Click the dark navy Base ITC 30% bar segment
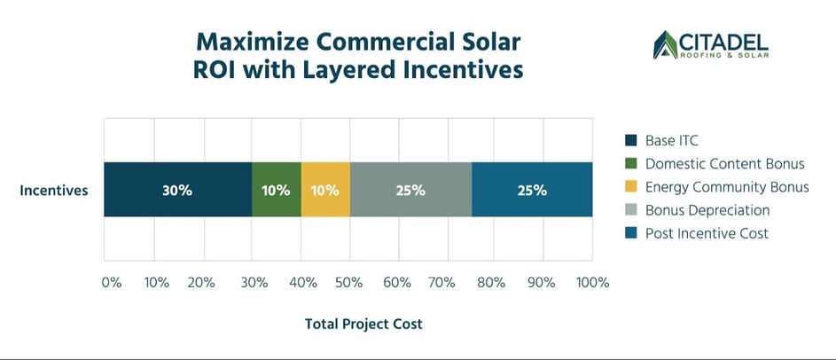pyautogui.click(x=177, y=190)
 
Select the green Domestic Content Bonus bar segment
pyautogui.click(x=277, y=190)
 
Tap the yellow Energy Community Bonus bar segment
pyautogui.click(x=325, y=190)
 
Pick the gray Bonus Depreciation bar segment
pyautogui.click(x=410, y=190)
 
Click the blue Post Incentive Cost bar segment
pyautogui.click(x=532, y=190)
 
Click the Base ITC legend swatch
pyautogui.click(x=630, y=140)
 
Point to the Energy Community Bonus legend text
pyautogui.click(x=727, y=187)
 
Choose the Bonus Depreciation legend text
pyautogui.click(x=707, y=210)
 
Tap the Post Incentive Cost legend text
pyautogui.click(x=707, y=233)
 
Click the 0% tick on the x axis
pyautogui.click(x=111, y=283)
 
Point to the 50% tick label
pyautogui.click(x=348, y=283)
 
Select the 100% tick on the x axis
pyautogui.click(x=592, y=283)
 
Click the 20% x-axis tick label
pyautogui.click(x=201, y=283)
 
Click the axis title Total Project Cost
pyautogui.click(x=363, y=325)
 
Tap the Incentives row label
pyautogui.click(x=53, y=190)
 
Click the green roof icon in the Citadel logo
pyautogui.click(x=665, y=44)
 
